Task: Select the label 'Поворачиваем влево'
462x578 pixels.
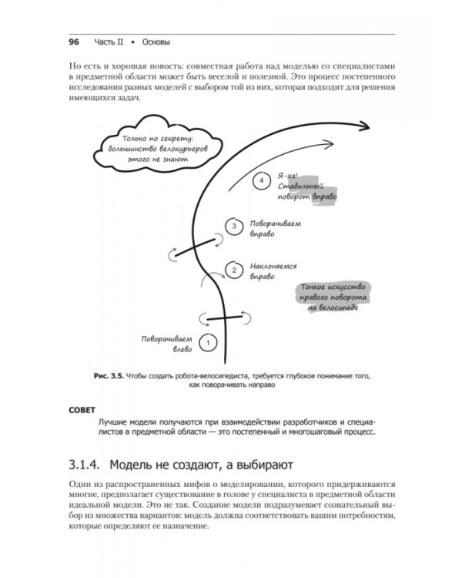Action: (166, 344)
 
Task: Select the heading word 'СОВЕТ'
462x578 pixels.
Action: (83, 410)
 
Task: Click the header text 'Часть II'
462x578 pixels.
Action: (111, 42)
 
